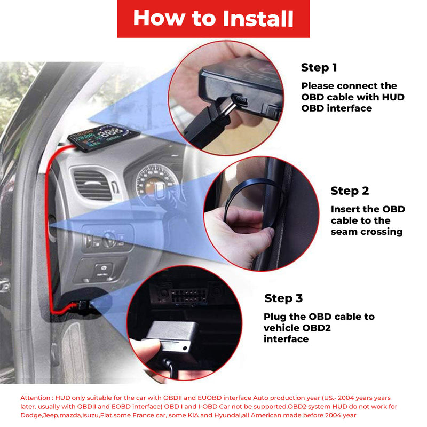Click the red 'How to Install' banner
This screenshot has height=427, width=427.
213,19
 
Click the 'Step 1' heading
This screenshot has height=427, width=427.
319,68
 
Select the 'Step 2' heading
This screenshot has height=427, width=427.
350,191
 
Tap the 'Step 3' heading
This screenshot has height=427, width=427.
283,298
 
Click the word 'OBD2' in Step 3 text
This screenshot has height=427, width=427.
317,328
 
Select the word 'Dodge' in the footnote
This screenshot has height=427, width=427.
29,416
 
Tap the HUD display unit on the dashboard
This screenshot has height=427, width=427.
103,137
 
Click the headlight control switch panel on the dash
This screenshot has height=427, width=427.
108,239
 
